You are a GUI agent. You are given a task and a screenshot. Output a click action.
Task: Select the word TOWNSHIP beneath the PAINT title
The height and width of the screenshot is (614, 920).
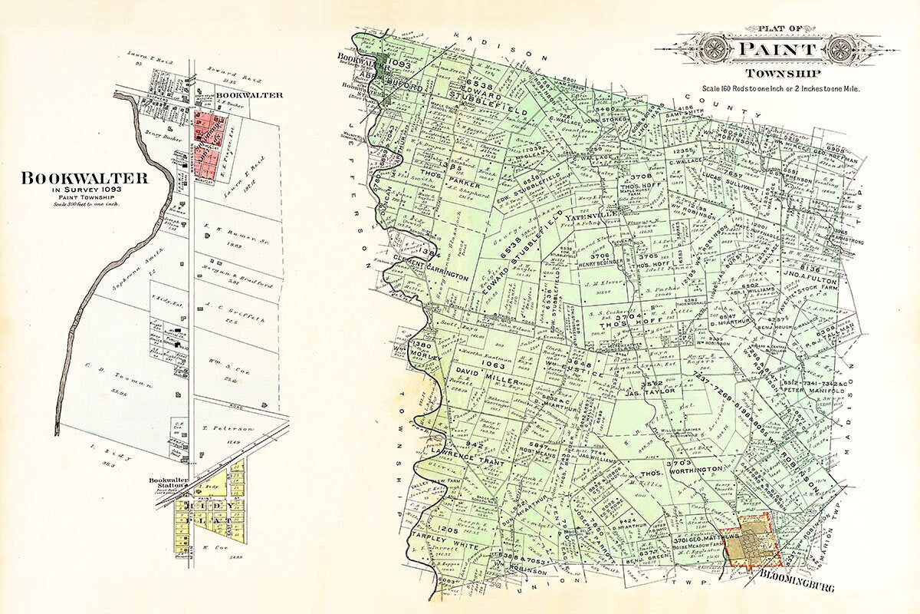click(x=774, y=74)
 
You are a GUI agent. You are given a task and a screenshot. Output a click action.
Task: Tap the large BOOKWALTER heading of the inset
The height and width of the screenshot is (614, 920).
click(x=84, y=178)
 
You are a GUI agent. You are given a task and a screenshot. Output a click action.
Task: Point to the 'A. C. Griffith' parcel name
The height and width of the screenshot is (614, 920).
click(x=230, y=324)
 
